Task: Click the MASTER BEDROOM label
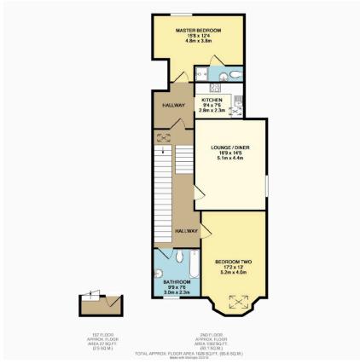tap(198, 30)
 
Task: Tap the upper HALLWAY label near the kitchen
tap(173, 106)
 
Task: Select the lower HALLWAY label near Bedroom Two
tap(186, 230)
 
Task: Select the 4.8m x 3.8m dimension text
tap(198, 41)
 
